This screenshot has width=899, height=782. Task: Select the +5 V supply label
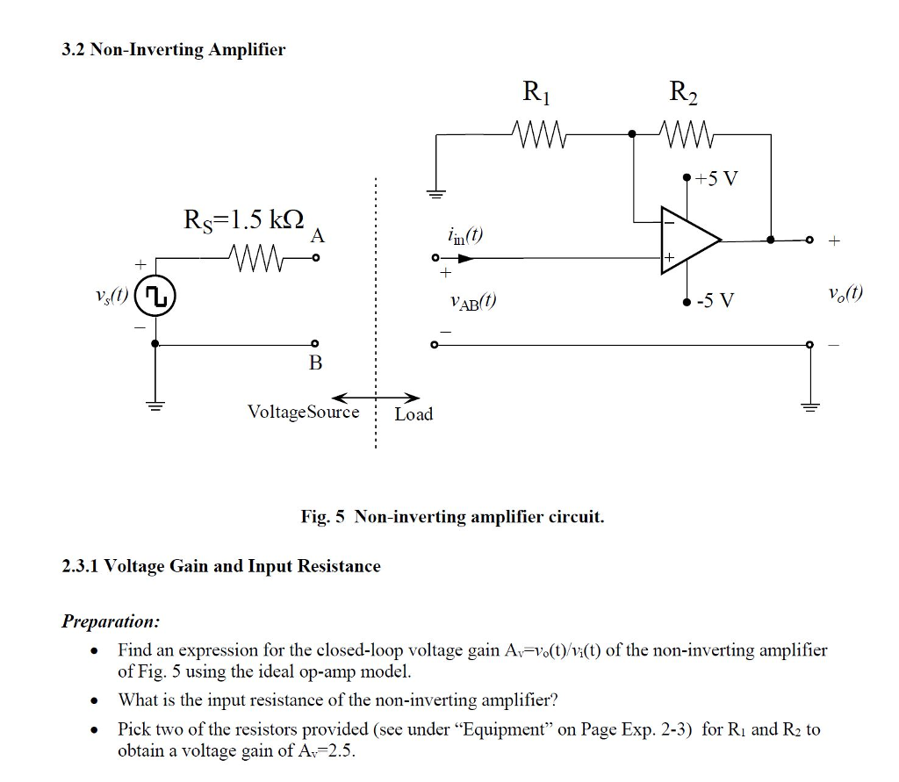click(x=716, y=179)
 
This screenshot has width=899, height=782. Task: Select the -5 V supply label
click(x=715, y=302)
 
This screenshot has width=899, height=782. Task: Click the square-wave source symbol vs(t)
click(x=155, y=298)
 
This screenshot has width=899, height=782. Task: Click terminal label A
click(x=317, y=236)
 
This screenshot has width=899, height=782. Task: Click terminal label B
click(x=315, y=362)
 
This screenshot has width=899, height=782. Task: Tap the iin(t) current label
click(x=464, y=235)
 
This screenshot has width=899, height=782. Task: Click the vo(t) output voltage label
click(x=845, y=293)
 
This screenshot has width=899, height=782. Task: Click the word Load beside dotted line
click(x=414, y=413)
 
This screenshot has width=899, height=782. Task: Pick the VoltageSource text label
click(x=303, y=412)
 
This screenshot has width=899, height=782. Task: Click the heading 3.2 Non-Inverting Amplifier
click(x=173, y=49)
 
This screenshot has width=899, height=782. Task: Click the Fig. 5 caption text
click(x=452, y=516)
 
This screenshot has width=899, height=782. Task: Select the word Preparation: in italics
click(x=111, y=621)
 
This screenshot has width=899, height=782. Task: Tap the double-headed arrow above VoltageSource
click(x=375, y=397)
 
